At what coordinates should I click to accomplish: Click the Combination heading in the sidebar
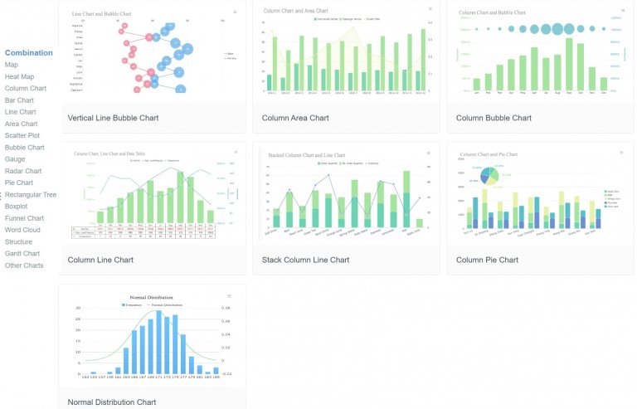click(28, 52)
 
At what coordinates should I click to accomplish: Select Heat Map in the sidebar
click(19, 76)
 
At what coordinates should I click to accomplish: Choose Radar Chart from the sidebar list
click(23, 171)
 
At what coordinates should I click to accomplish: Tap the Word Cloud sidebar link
click(22, 230)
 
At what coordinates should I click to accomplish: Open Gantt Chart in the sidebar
click(22, 254)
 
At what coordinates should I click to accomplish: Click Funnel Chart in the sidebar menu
click(23, 218)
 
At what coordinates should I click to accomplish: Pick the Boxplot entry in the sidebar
click(17, 207)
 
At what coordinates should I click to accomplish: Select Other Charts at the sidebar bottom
click(24, 265)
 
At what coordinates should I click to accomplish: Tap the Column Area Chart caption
click(295, 118)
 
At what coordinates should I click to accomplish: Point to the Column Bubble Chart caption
click(494, 118)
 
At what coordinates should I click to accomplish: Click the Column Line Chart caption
click(100, 260)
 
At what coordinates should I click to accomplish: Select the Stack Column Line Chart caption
click(305, 260)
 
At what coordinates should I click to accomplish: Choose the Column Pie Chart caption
click(487, 260)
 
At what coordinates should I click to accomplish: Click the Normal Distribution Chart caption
click(112, 402)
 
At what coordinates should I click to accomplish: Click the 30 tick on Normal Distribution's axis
click(78, 308)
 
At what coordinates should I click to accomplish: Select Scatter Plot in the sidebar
click(22, 135)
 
